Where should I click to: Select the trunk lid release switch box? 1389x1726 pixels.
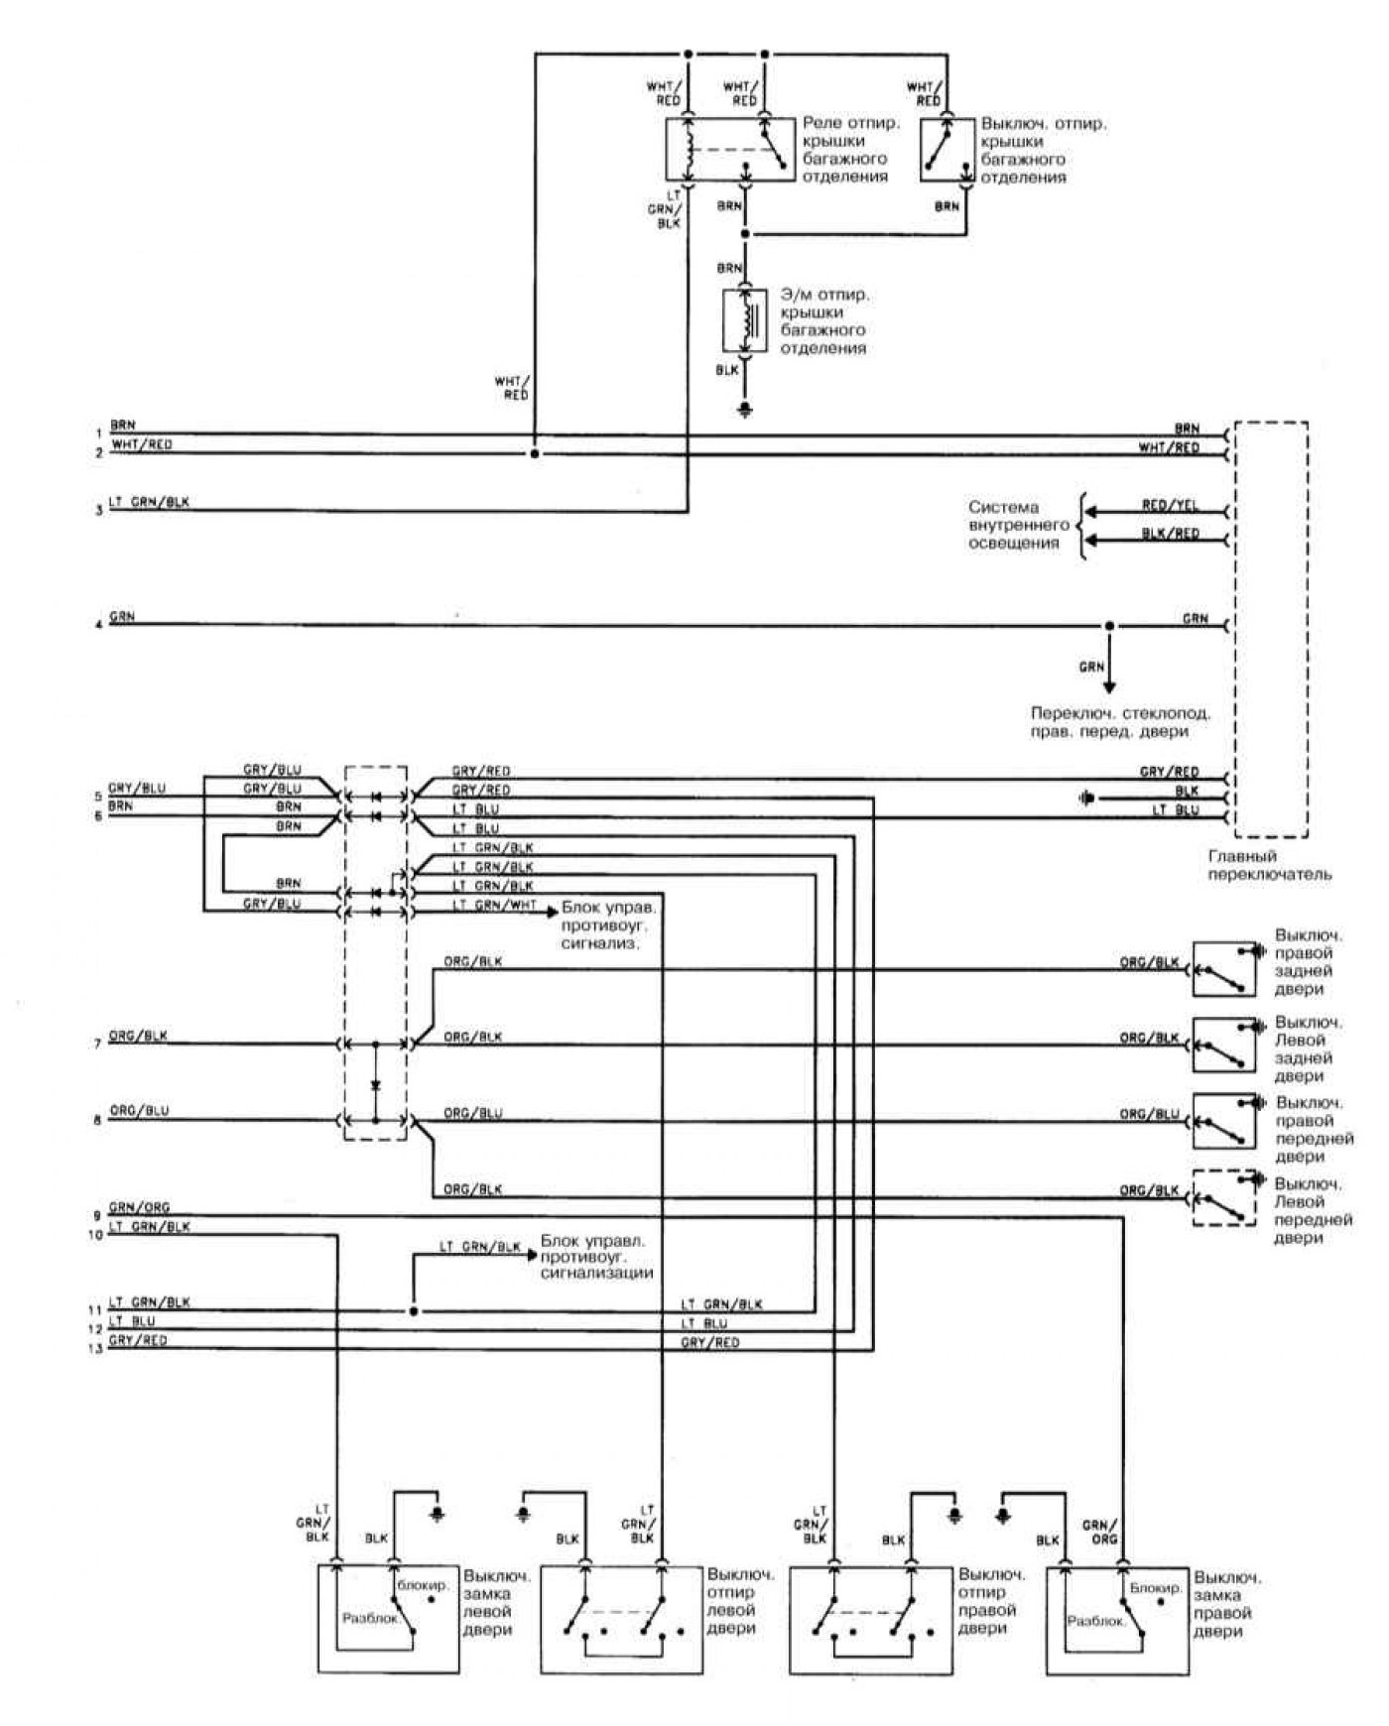coord(947,150)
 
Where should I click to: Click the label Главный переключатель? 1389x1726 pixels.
coord(1269,865)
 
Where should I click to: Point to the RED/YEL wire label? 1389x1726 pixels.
coord(1170,506)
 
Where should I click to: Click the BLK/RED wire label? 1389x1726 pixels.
coord(1170,534)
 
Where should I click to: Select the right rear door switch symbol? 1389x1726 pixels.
coord(1225,967)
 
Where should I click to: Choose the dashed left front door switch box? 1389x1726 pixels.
coord(1225,1198)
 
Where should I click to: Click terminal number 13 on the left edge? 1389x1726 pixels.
coord(97,1348)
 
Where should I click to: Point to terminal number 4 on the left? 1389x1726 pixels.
coord(97,626)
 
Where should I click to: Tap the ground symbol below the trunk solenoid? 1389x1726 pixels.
coord(747,410)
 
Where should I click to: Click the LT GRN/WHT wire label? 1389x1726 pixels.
coord(494,906)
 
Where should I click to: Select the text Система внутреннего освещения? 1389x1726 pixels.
coord(1019,525)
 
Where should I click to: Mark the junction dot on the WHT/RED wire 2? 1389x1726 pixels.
coord(535,453)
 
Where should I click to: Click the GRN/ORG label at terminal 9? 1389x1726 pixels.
coord(139,1207)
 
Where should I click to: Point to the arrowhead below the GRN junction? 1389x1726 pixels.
coord(1109,685)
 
